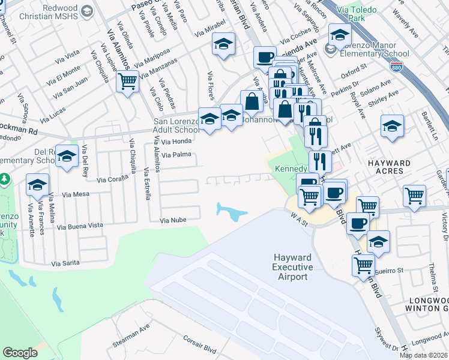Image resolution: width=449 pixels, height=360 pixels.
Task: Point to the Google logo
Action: (x=20, y=353)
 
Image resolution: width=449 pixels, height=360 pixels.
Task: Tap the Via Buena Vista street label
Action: (x=79, y=226)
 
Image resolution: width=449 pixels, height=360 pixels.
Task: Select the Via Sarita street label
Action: (x=65, y=263)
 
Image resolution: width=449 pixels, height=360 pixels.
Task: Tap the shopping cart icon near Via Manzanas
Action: (x=127, y=81)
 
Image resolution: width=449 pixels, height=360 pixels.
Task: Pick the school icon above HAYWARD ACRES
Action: (x=392, y=126)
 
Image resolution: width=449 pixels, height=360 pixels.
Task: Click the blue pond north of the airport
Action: (x=230, y=211)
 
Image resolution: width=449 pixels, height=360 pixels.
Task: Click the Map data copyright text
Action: (x=424, y=355)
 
